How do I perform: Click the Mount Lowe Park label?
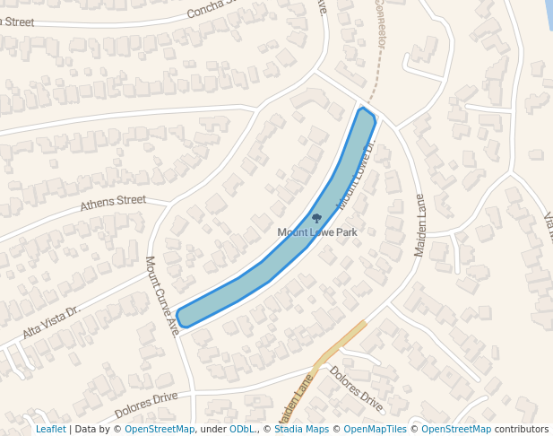pyautogui.click(x=316, y=232)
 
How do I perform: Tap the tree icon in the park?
pyautogui.click(x=316, y=218)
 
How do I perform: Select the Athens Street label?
pyautogui.click(x=113, y=203)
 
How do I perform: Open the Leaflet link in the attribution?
pyautogui.click(x=50, y=430)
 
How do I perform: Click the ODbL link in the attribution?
pyautogui.click(x=241, y=430)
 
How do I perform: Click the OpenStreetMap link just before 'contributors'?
pyautogui.click(x=456, y=430)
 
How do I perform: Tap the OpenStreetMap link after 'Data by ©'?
pyautogui.click(x=160, y=430)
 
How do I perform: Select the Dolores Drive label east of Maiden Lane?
pyautogui.click(x=356, y=388)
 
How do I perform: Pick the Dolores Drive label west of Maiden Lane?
pyautogui.click(x=146, y=406)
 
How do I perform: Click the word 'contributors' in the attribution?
pyautogui.click(x=522, y=430)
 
